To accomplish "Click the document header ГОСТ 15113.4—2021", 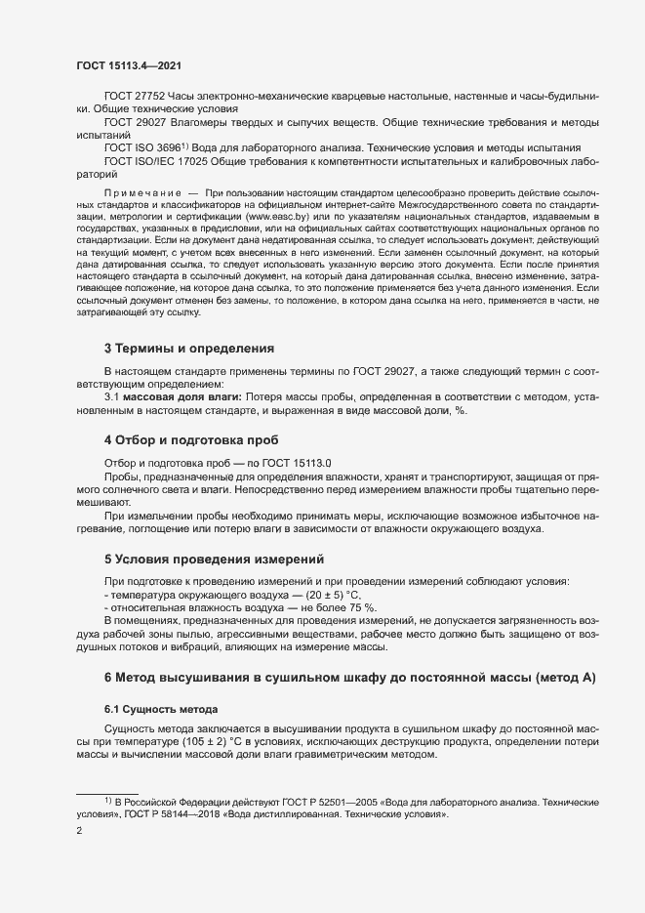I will (128, 65).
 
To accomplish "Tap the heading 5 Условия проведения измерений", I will (213, 560).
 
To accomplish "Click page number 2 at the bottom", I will (79, 831).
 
